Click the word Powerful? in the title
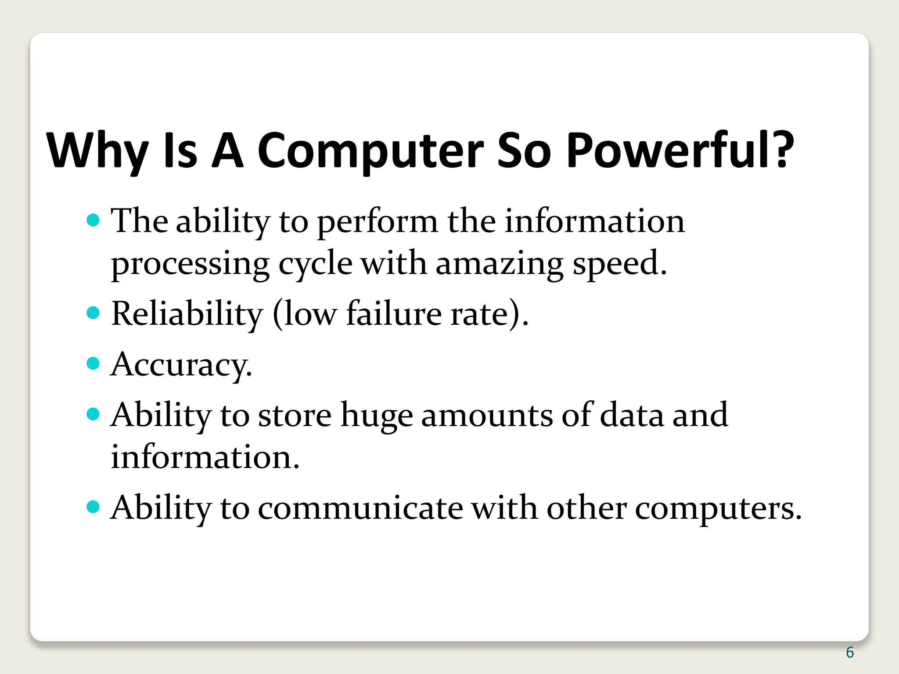coord(680,151)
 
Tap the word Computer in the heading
coord(370,151)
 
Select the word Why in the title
coord(97,151)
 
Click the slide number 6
coord(850,652)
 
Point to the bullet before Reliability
coord(93,313)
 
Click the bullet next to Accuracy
coord(93,363)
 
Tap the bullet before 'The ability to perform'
coord(93,220)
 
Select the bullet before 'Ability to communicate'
coord(93,507)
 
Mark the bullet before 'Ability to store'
coord(93,414)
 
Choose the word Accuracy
coord(181,364)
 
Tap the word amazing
coord(499,264)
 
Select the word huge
coord(377,415)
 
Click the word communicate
coord(360,508)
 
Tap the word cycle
coord(315,264)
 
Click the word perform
coord(377,222)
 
